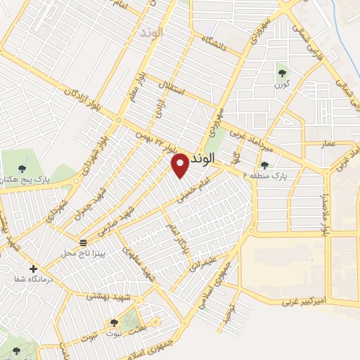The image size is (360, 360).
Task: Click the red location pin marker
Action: [180, 165]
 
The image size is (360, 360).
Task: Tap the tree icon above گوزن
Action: [282, 70]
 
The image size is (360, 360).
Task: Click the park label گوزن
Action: [282, 83]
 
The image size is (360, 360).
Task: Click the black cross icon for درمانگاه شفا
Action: [33, 269]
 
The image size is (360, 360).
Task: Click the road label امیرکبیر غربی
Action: [307, 302]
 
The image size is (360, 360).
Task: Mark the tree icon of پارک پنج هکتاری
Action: [20, 167]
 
